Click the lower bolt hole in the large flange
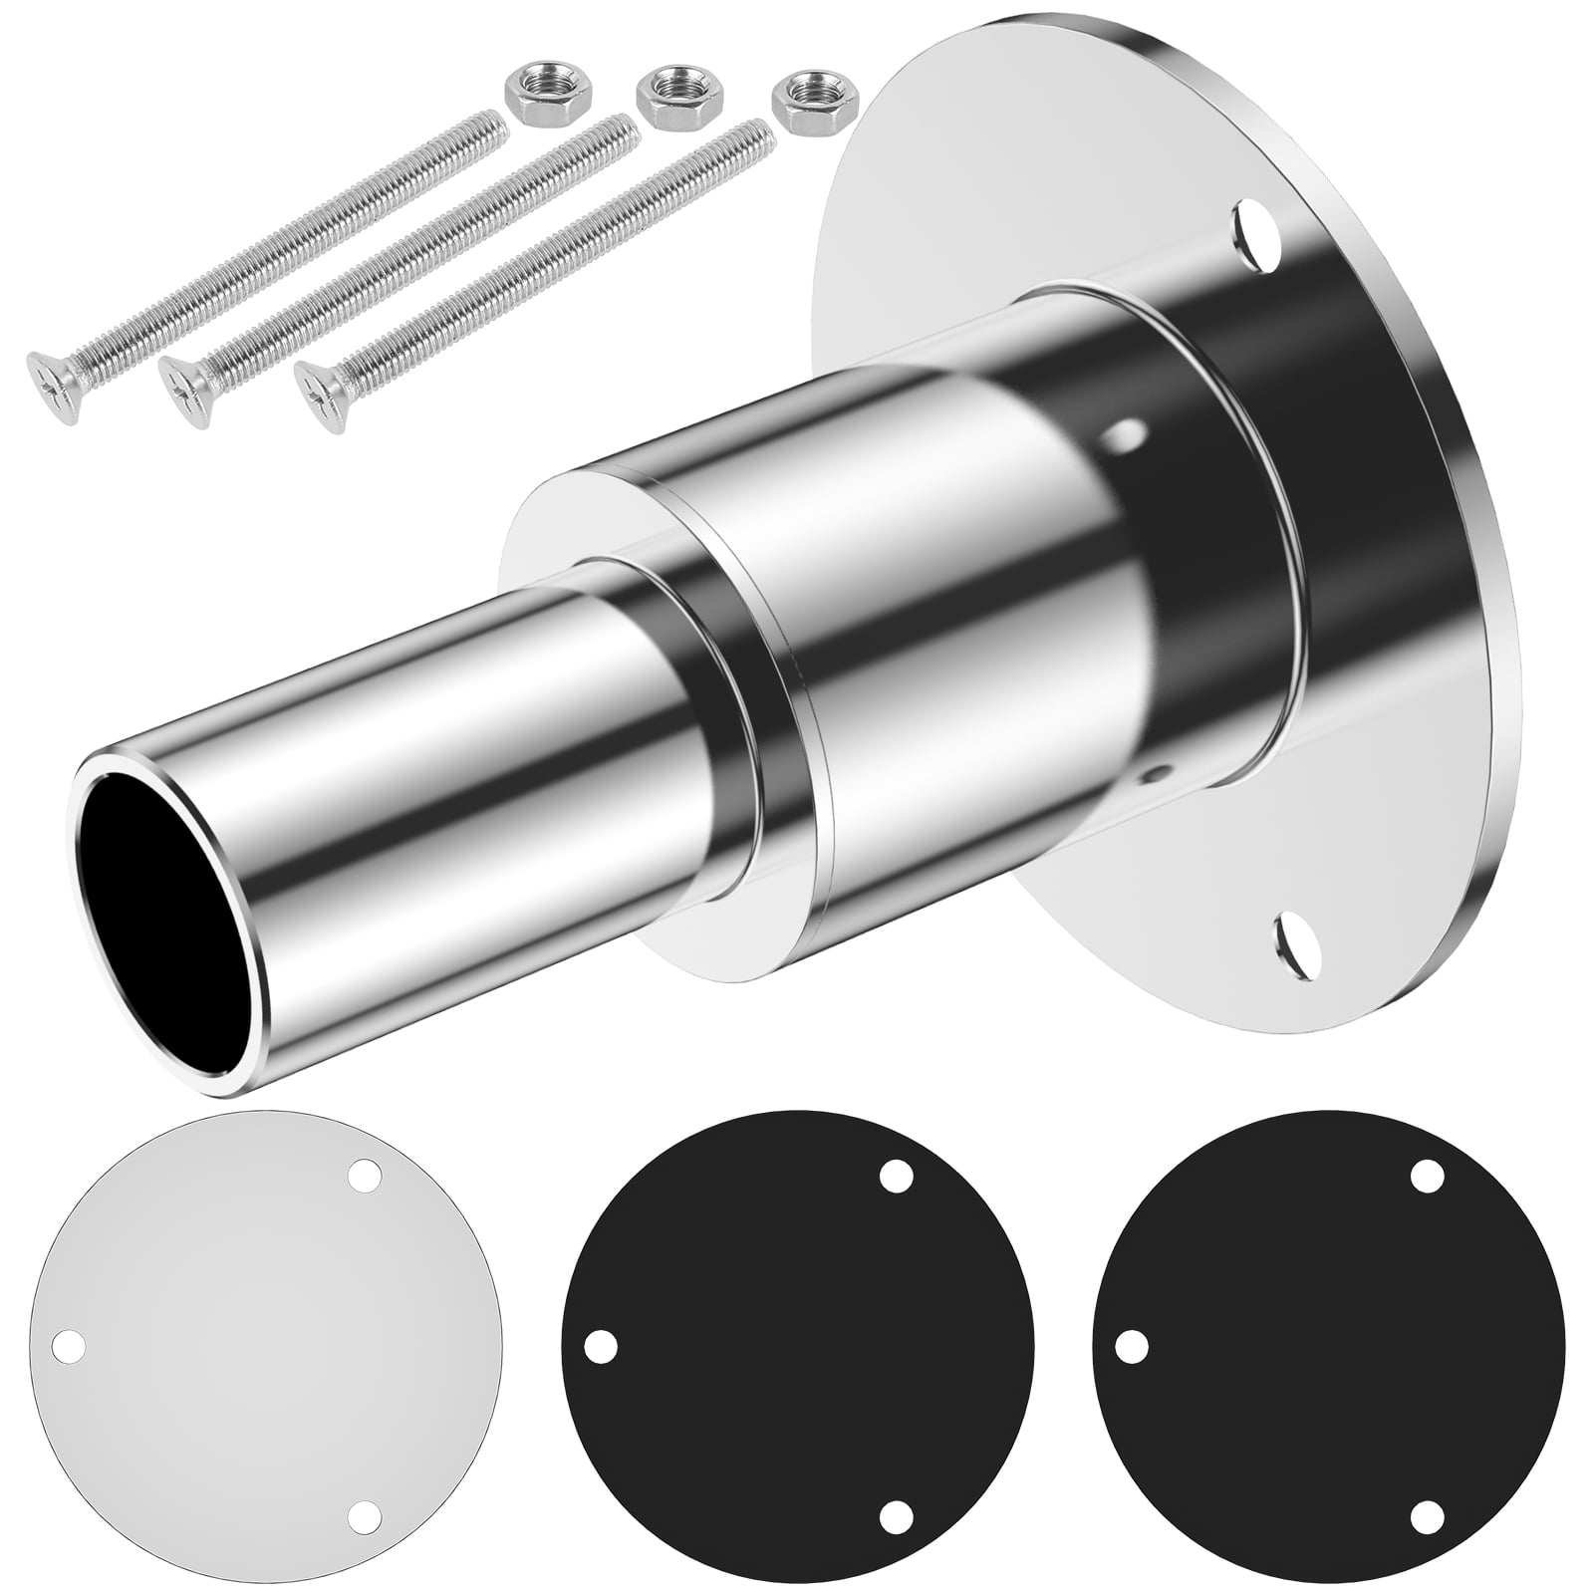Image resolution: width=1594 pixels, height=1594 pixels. tap(1295, 938)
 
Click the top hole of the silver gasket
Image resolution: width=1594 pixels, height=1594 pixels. tap(367, 1175)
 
